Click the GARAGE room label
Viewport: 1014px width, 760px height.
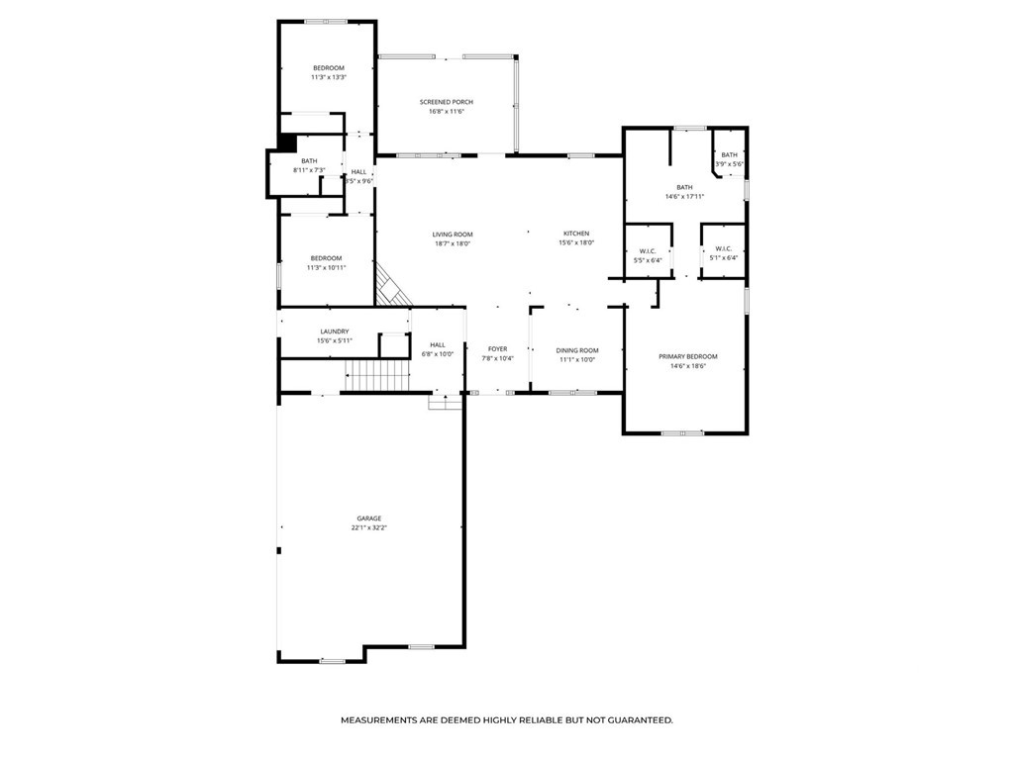tap(369, 519)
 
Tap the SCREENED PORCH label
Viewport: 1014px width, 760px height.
tap(446, 102)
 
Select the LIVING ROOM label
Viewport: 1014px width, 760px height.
tap(452, 235)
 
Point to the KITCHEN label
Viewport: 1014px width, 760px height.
tap(576, 234)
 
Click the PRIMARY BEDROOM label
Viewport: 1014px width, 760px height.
tap(687, 356)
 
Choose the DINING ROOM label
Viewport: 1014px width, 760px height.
tap(576, 350)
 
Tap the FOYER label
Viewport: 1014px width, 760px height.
tap(497, 349)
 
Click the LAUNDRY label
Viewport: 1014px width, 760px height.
tap(334, 332)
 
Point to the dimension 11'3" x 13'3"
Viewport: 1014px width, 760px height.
tap(328, 77)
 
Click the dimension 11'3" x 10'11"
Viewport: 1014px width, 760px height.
tap(327, 267)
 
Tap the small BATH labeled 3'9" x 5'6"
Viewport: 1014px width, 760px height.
tap(729, 155)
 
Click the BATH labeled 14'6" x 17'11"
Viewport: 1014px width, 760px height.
tap(684, 187)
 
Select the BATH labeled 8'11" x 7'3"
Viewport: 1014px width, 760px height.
tap(309, 161)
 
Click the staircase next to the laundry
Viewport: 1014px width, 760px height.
tap(377, 376)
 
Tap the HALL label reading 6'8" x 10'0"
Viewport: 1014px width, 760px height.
tap(437, 344)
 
